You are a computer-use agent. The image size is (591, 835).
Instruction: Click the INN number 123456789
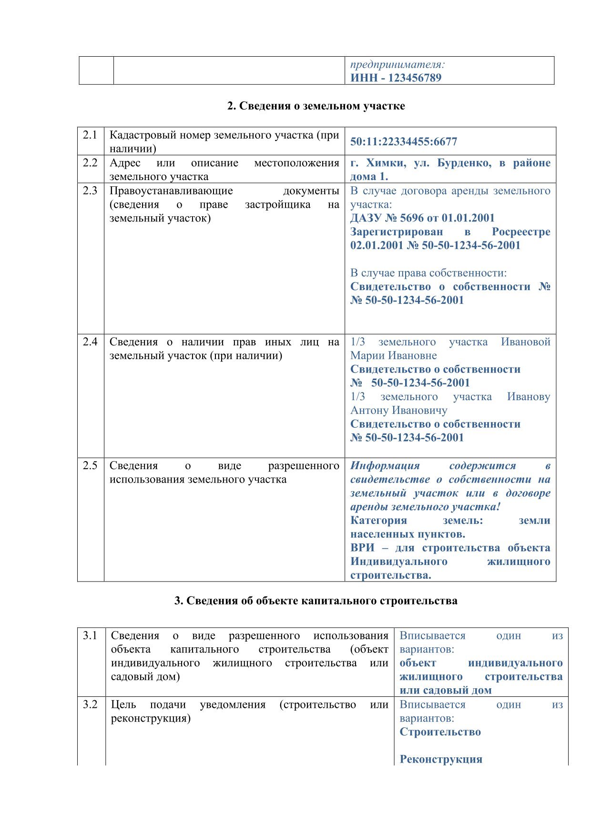[415, 78]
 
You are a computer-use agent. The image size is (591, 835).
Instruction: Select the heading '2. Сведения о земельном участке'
[316, 106]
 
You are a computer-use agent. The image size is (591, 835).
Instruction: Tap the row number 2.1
[90, 135]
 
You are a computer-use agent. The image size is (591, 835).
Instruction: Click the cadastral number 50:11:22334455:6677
[404, 141]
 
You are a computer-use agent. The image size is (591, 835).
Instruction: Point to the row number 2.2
[90, 162]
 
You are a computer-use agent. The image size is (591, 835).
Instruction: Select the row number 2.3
[90, 191]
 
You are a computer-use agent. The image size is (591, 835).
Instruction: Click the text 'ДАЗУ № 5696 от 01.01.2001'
[423, 218]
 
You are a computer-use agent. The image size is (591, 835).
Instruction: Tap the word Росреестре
[521, 232]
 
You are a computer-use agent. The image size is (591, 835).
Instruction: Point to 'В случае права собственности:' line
[428, 273]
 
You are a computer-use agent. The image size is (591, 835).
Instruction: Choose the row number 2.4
[90, 342]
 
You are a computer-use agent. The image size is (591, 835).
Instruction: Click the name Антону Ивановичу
[399, 410]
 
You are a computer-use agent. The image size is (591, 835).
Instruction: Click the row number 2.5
[90, 465]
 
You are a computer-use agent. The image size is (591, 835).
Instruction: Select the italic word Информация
[385, 465]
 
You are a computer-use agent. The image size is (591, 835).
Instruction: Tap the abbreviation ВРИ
[362, 548]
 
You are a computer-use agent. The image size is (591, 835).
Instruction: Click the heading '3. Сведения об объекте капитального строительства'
[316, 601]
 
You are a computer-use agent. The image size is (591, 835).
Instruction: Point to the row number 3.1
[90, 635]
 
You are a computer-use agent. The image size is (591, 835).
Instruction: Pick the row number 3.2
[90, 704]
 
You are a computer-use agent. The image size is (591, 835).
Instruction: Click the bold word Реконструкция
[441, 759]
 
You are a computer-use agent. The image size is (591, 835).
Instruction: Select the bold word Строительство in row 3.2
[440, 732]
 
